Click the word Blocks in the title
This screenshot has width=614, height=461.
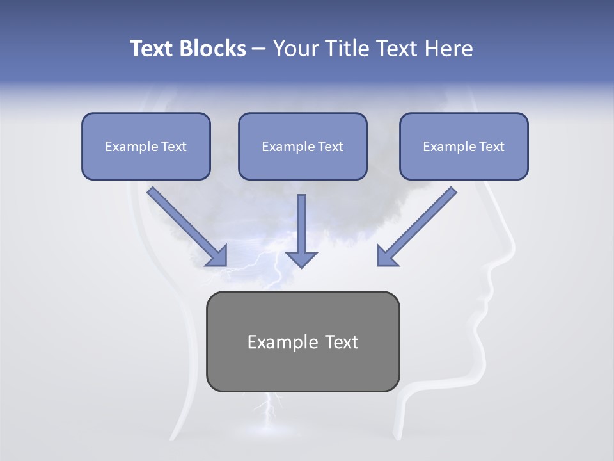pos(213,49)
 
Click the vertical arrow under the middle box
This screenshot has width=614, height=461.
pos(301,224)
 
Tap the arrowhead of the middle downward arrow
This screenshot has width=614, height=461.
pos(301,259)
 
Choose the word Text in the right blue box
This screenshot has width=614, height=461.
pos(492,147)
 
